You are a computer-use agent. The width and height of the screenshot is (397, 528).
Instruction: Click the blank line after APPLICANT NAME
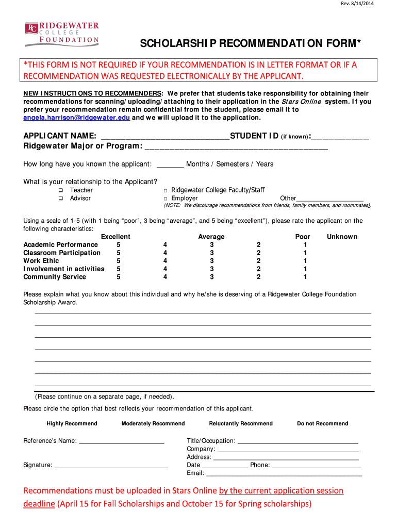coord(165,137)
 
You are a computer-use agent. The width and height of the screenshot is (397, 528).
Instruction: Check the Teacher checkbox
coord(60,191)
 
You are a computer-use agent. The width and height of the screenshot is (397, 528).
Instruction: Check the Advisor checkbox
coord(60,199)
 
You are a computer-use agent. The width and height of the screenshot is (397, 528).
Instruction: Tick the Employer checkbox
coord(166,199)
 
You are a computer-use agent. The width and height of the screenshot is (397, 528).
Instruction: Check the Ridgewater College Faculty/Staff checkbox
coord(166,191)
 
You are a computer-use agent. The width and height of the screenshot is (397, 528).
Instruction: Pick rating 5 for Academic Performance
coord(119,244)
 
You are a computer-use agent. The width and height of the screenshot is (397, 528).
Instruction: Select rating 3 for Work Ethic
coord(211,261)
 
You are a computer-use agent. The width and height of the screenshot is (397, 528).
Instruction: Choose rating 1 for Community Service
coord(305,277)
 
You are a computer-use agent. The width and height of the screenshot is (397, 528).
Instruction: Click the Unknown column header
coord(342,237)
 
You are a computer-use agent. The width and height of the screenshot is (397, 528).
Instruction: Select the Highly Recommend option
coord(72,424)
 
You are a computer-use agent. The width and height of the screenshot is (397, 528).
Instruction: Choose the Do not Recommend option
coord(322,424)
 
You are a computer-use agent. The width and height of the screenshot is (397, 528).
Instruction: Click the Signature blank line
coord(111,466)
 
